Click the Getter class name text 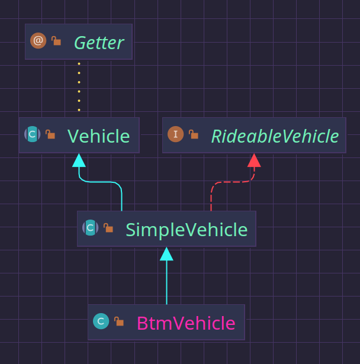[98, 43]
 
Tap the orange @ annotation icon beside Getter [38, 41]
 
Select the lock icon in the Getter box [56, 41]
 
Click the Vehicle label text [98, 136]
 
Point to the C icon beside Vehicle [33, 134]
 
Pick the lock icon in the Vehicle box [50, 134]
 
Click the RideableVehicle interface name [275, 136]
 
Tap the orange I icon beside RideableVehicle [175, 134]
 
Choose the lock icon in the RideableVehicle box [193, 134]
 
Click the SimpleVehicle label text [186, 230]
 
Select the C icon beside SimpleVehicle [90, 227]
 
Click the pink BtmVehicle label [186, 323]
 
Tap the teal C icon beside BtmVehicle [101, 321]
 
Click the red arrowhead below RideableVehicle [254, 160]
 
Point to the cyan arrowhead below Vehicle [79, 160]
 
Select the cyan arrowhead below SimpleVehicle [166, 254]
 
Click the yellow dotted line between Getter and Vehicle [79, 89]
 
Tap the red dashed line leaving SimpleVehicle [211, 195]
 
